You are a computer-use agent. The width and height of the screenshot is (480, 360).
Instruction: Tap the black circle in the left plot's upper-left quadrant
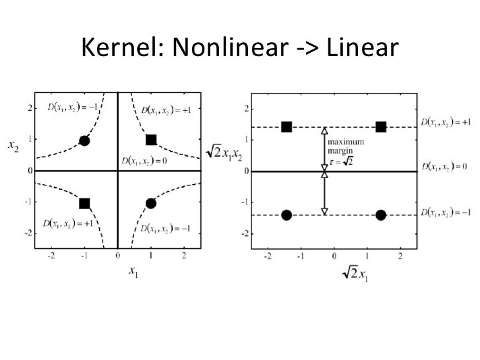(x=84, y=140)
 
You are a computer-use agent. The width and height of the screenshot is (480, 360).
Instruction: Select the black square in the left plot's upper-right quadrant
(x=151, y=140)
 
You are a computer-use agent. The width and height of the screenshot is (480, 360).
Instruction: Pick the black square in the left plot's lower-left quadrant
(x=84, y=203)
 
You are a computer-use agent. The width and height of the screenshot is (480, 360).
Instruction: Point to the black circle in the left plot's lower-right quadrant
(x=151, y=203)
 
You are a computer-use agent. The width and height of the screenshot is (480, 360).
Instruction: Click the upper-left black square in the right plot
(x=286, y=127)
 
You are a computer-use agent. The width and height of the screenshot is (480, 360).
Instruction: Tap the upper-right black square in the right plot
(x=380, y=127)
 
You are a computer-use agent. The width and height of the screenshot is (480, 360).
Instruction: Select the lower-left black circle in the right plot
(x=286, y=215)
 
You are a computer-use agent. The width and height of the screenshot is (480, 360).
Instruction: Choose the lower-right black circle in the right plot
(x=380, y=215)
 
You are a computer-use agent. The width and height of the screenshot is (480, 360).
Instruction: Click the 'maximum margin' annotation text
(x=346, y=147)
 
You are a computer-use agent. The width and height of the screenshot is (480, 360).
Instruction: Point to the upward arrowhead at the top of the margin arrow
(x=324, y=131)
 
